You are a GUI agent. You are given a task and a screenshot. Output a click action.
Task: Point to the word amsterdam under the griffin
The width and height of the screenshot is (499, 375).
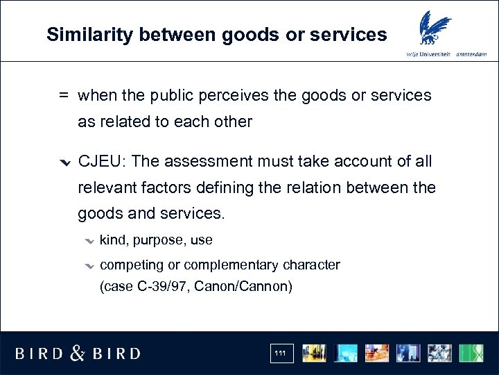(473, 54)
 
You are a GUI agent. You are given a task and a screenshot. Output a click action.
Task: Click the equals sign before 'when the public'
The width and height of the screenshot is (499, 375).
(63, 96)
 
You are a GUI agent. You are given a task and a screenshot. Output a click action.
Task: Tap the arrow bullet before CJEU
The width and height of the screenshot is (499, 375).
(64, 163)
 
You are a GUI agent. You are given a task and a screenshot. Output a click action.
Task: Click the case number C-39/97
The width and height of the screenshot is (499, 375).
(160, 286)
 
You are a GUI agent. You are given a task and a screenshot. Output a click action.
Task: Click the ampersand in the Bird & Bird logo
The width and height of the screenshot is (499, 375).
(78, 353)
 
